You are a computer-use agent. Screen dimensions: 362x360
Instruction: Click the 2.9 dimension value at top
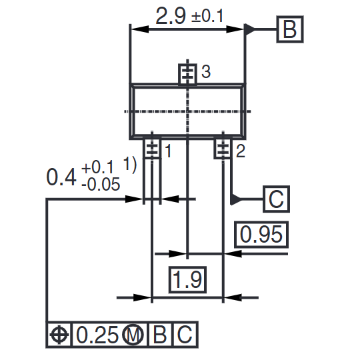pos(171,16)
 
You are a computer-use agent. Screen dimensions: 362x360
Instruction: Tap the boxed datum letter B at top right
pos(289,29)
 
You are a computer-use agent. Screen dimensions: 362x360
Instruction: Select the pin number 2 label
pos(240,151)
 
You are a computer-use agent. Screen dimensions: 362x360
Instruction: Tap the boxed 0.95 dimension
pos(262,235)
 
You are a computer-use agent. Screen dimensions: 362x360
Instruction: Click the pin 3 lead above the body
pos(189,74)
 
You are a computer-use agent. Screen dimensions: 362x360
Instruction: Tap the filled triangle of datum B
pos(251,29)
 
